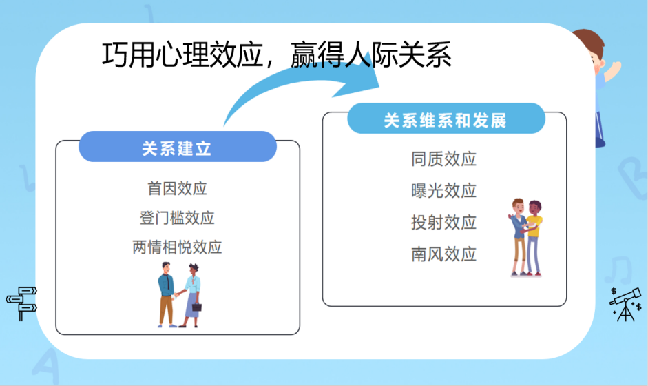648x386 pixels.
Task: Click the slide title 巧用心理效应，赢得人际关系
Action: coord(276,56)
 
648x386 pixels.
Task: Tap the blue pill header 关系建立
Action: coord(177,148)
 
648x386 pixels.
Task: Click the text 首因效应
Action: coord(177,187)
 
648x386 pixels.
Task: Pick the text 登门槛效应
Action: coord(177,218)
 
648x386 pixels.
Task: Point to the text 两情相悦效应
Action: coord(177,247)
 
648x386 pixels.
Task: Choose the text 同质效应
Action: coord(444,159)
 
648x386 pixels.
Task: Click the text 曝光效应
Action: coord(444,191)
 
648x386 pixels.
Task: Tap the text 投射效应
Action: coord(444,223)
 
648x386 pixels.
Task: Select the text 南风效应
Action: coord(444,254)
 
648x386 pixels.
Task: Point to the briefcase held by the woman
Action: coord(196,306)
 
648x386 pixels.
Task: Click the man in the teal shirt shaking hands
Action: coord(166,293)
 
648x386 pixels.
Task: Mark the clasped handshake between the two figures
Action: coord(178,294)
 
